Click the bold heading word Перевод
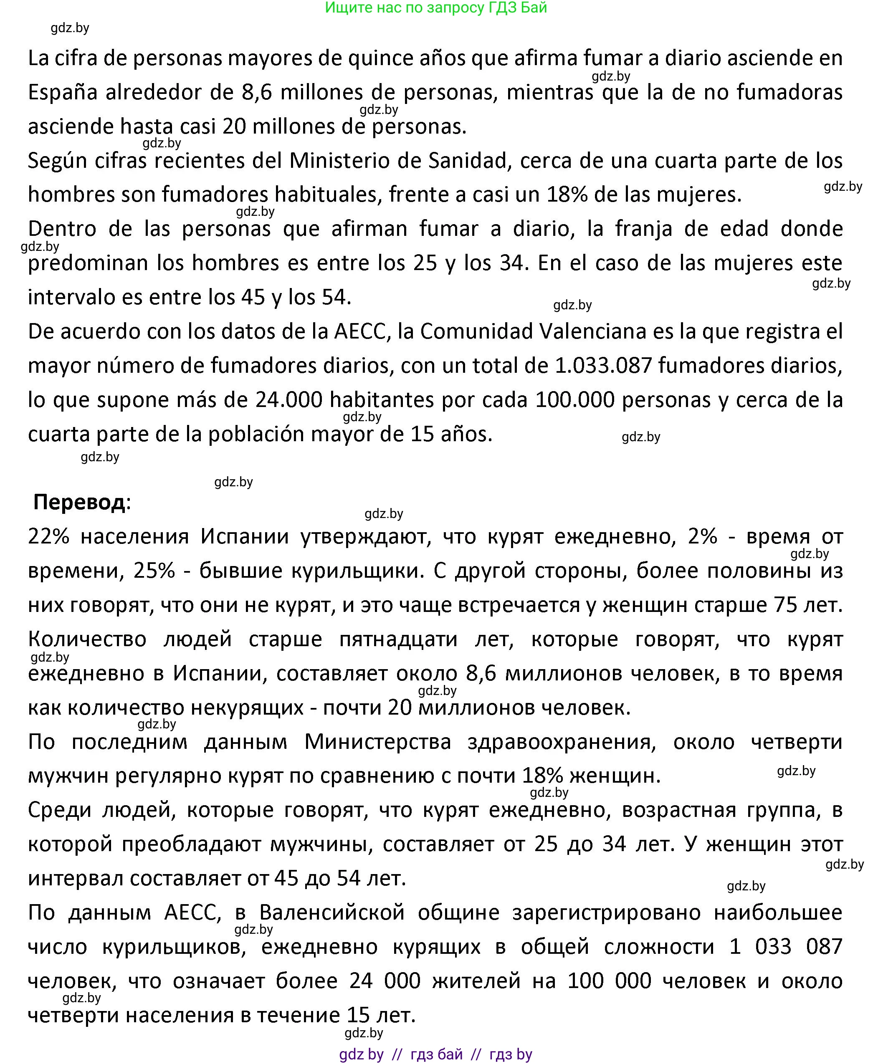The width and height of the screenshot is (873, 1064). point(79,502)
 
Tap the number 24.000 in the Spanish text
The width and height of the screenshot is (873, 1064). point(288,400)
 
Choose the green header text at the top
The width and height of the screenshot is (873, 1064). point(435,8)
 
